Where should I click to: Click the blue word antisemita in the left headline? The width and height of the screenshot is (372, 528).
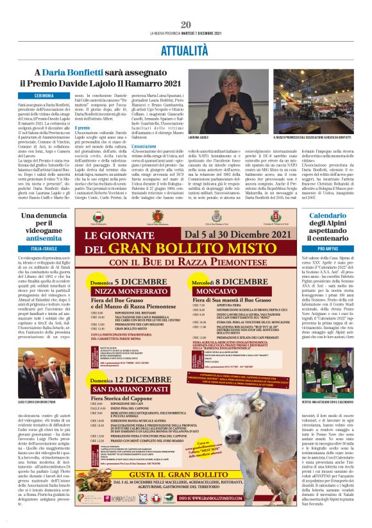tap(44, 239)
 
